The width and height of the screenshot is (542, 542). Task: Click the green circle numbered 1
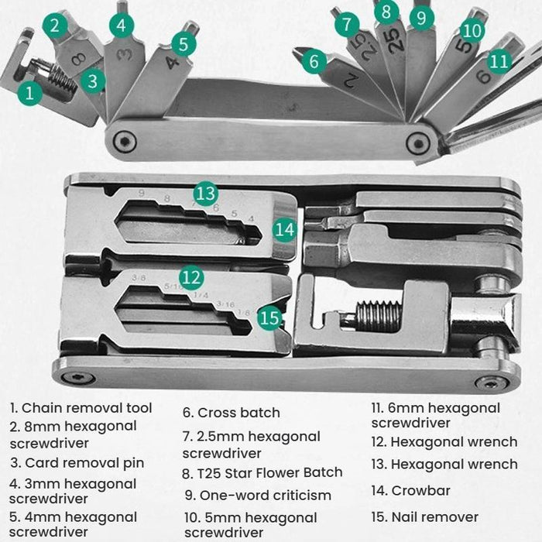[x=30, y=94]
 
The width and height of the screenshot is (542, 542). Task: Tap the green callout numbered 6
[x=314, y=61]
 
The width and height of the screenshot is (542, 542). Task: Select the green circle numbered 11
[x=499, y=60]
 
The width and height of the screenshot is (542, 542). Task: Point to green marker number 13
[x=205, y=194]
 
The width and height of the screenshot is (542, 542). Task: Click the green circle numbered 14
[x=285, y=229]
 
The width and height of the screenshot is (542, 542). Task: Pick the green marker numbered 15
[x=269, y=317]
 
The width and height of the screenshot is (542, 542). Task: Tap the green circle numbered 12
[x=190, y=276]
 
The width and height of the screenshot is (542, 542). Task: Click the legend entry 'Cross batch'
[x=232, y=413]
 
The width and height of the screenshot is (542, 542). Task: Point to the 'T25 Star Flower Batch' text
[x=262, y=472]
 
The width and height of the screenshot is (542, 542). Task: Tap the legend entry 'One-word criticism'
[x=258, y=495]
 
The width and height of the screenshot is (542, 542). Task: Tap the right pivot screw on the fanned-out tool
[x=419, y=142]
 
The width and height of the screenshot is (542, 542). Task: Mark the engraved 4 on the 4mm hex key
[x=171, y=63]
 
